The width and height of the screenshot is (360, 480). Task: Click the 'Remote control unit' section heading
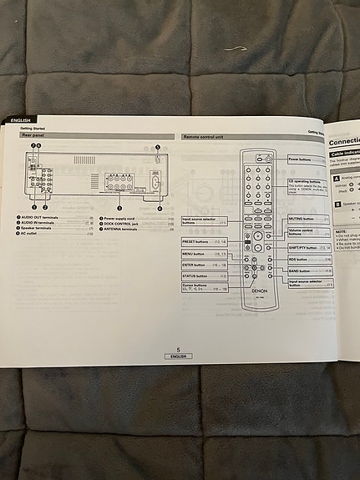[x=203, y=135]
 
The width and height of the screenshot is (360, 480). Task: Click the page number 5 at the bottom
[x=177, y=351]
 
